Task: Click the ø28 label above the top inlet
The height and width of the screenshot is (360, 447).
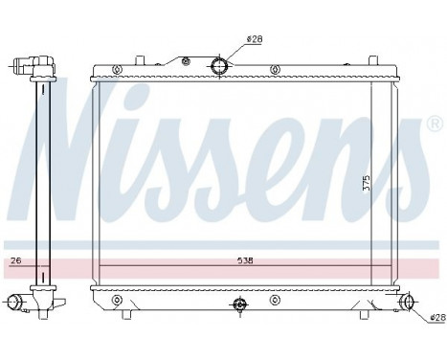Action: pyautogui.click(x=254, y=39)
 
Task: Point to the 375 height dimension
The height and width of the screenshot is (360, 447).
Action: pyautogui.click(x=366, y=184)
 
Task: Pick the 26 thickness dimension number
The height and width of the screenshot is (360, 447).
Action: pyautogui.click(x=14, y=259)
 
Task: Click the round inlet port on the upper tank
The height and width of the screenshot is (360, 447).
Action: pyautogui.click(x=220, y=67)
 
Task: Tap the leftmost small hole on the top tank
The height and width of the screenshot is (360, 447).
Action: pyautogui.click(x=115, y=69)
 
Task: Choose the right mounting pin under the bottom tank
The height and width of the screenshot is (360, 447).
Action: pyautogui.click(x=366, y=310)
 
